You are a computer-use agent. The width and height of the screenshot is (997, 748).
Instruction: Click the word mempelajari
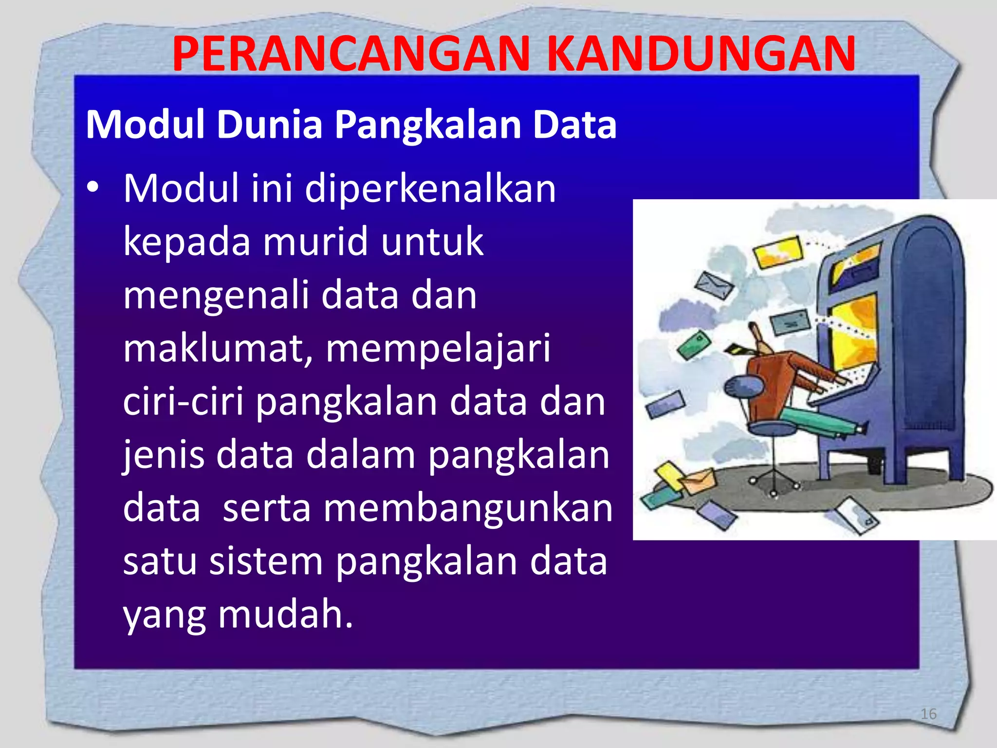coord(438,349)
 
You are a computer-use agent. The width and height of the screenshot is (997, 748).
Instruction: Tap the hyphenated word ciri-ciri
coord(183,402)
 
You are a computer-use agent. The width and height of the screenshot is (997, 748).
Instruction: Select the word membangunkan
coord(468,508)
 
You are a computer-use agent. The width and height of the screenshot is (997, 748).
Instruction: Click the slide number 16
coord(928,714)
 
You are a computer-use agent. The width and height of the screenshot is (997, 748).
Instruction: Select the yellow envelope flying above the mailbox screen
coord(778,252)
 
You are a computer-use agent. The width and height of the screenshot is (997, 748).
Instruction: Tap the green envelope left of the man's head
coord(694,345)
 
